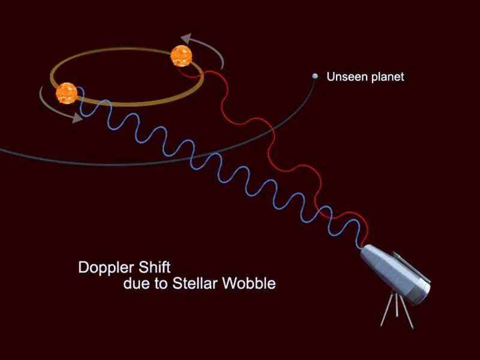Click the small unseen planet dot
[x=314, y=76]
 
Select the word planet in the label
[x=388, y=77]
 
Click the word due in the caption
[x=135, y=284]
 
